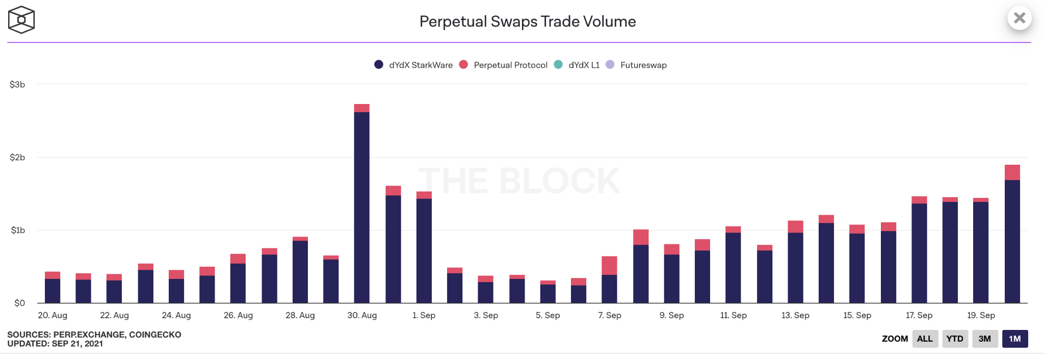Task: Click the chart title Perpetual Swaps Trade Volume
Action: pos(527,21)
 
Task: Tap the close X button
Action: pos(1020,18)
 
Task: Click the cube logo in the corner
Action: pos(21,20)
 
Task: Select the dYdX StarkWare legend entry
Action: pos(413,65)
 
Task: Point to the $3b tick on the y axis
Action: pos(17,85)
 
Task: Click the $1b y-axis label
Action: pos(18,230)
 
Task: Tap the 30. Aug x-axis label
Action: pos(362,315)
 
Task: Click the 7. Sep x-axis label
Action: pos(610,315)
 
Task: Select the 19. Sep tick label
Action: pos(981,315)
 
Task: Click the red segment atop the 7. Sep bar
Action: pos(609,265)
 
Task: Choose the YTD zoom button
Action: pos(954,339)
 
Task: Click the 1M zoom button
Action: pos(1014,339)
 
